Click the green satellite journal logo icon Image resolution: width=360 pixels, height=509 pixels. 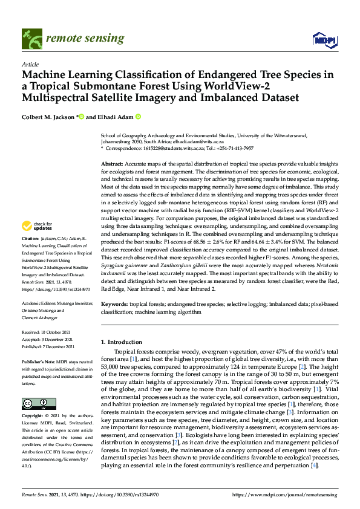pyautogui.click(x=31, y=38)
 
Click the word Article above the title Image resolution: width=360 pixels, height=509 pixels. pyautogui.click(x=30, y=64)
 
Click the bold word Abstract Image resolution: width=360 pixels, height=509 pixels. pyautogui.click(x=112, y=164)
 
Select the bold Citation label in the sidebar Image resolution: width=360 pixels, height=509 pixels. pyautogui.click(x=31, y=256)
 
